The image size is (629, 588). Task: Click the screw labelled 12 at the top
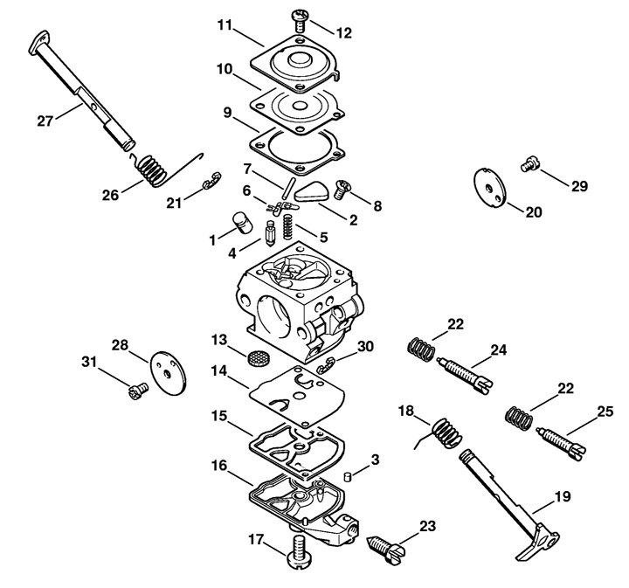[x=300, y=21]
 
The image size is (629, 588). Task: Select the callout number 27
[x=45, y=121]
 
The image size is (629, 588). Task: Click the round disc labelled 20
[x=489, y=188]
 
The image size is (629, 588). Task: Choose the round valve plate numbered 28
[x=169, y=373]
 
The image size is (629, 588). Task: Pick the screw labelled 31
[x=138, y=391]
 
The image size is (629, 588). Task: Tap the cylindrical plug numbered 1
[x=242, y=223]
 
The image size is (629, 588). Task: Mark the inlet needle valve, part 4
[x=270, y=232]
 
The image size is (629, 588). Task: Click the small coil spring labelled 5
[x=287, y=226]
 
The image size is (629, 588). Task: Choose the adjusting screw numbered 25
[x=562, y=441]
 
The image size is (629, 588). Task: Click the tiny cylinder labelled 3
[x=348, y=477]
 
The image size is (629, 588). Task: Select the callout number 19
[x=563, y=496]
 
